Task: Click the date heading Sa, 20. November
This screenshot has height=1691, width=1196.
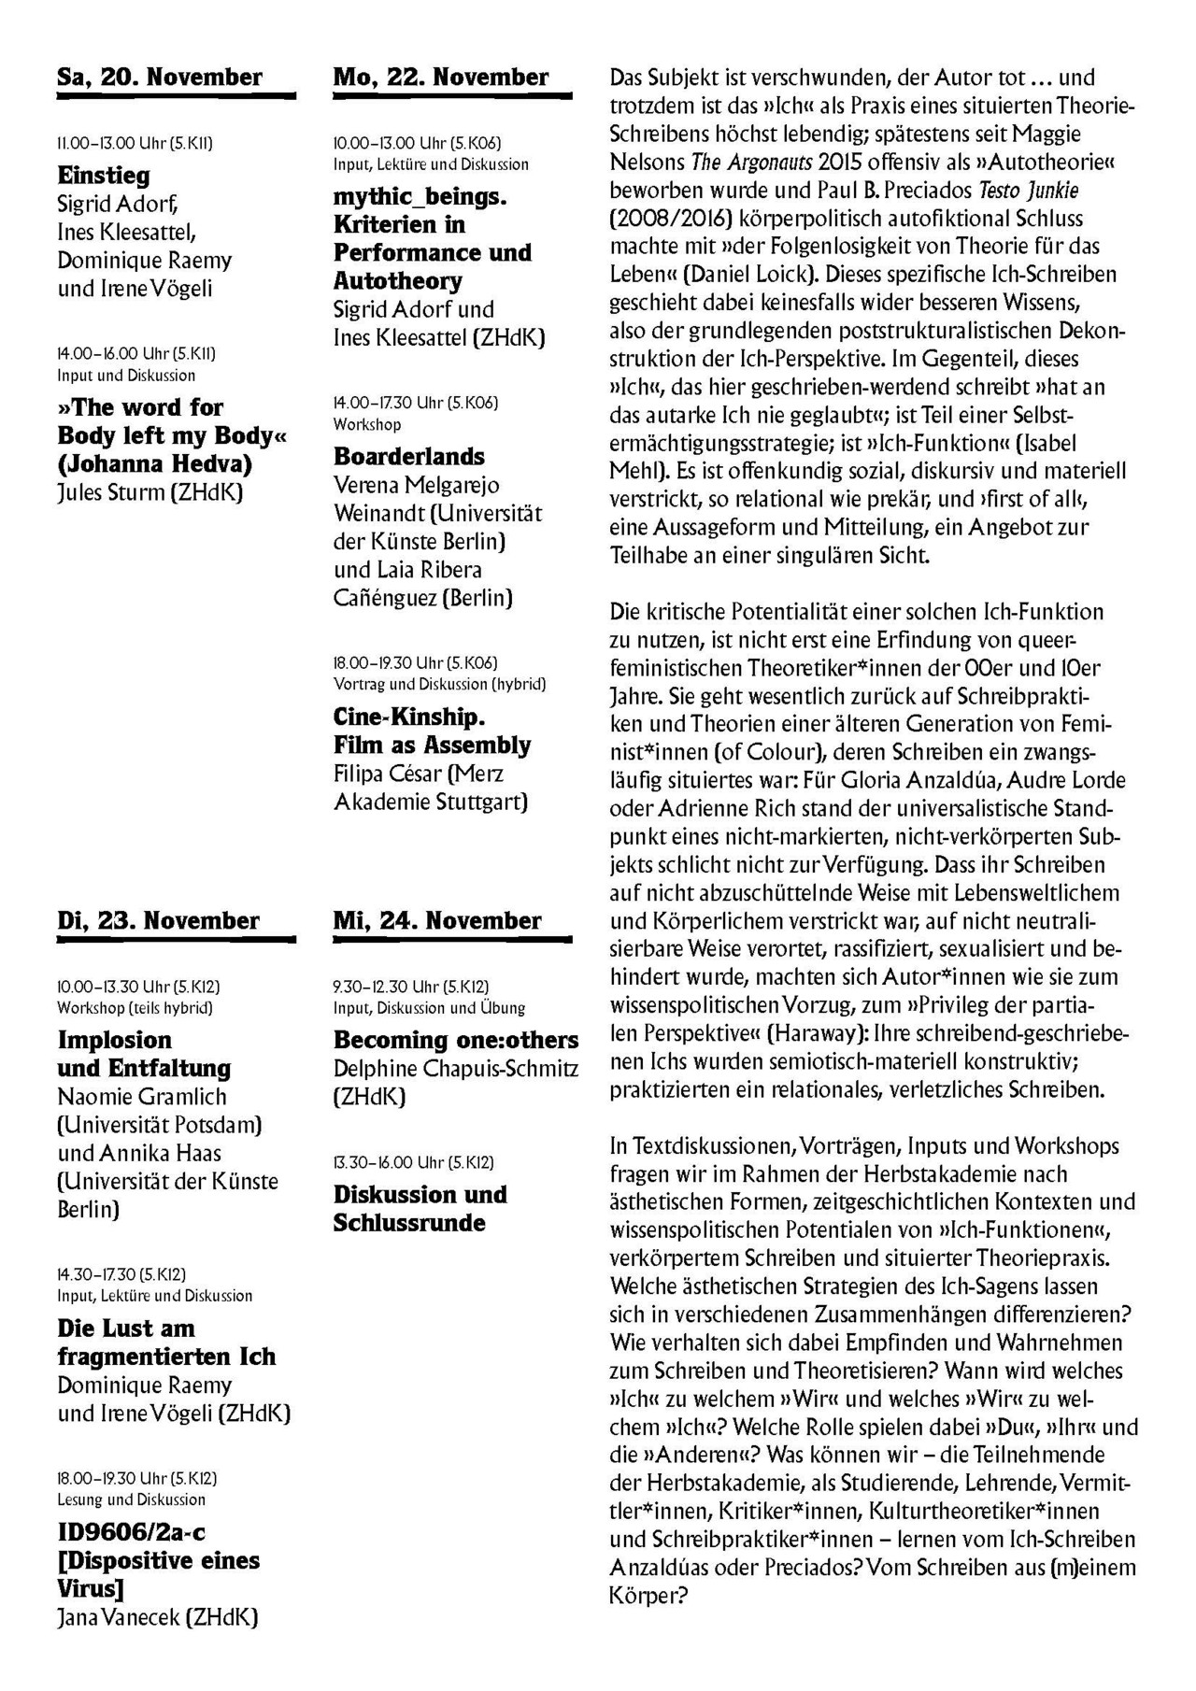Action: [160, 77]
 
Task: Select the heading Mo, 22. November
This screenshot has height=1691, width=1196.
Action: [441, 77]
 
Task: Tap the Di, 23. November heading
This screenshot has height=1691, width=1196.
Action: [158, 920]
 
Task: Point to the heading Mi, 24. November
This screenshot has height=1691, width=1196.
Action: [437, 920]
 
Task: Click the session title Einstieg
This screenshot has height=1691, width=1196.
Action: [104, 176]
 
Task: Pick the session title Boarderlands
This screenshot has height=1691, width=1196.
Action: [409, 457]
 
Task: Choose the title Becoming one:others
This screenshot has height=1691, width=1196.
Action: [456, 1040]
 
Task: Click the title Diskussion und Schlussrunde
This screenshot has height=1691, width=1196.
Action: [420, 1208]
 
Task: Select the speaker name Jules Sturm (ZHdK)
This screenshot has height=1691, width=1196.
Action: [150, 492]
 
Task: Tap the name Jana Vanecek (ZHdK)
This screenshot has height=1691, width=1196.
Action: [158, 1618]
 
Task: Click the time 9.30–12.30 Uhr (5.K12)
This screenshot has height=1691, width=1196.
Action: [411, 987]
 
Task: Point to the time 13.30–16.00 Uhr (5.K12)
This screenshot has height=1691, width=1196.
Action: [414, 1163]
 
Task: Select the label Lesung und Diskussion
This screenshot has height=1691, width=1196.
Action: [132, 1499]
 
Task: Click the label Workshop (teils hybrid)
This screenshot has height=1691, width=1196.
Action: [135, 1008]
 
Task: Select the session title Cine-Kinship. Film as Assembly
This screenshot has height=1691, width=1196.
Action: [432, 732]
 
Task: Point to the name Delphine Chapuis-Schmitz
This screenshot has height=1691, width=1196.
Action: [456, 1069]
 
